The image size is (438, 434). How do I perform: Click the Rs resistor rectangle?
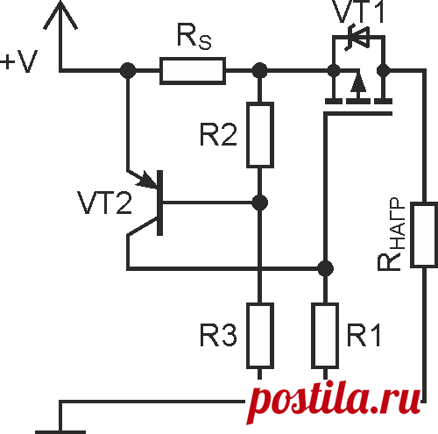[193, 71]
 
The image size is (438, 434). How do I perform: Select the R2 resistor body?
[260, 135]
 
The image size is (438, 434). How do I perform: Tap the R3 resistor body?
[260, 336]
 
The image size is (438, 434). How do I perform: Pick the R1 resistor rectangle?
[325, 336]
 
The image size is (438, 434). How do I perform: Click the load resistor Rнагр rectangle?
[425, 234]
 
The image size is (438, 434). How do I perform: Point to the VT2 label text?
[105, 203]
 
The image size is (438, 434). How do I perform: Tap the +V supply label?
[19, 61]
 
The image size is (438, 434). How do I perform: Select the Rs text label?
[194, 37]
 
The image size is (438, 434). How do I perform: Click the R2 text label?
[218, 134]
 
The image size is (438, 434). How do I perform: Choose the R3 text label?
[218, 335]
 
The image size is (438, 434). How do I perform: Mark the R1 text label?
[364, 335]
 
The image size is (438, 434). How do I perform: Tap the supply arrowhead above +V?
[60, 15]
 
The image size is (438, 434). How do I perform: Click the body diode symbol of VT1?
[357, 38]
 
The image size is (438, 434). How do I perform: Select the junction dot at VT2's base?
[260, 203]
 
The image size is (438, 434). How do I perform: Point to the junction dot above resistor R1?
[325, 268]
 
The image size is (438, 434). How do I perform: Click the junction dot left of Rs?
[128, 71]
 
